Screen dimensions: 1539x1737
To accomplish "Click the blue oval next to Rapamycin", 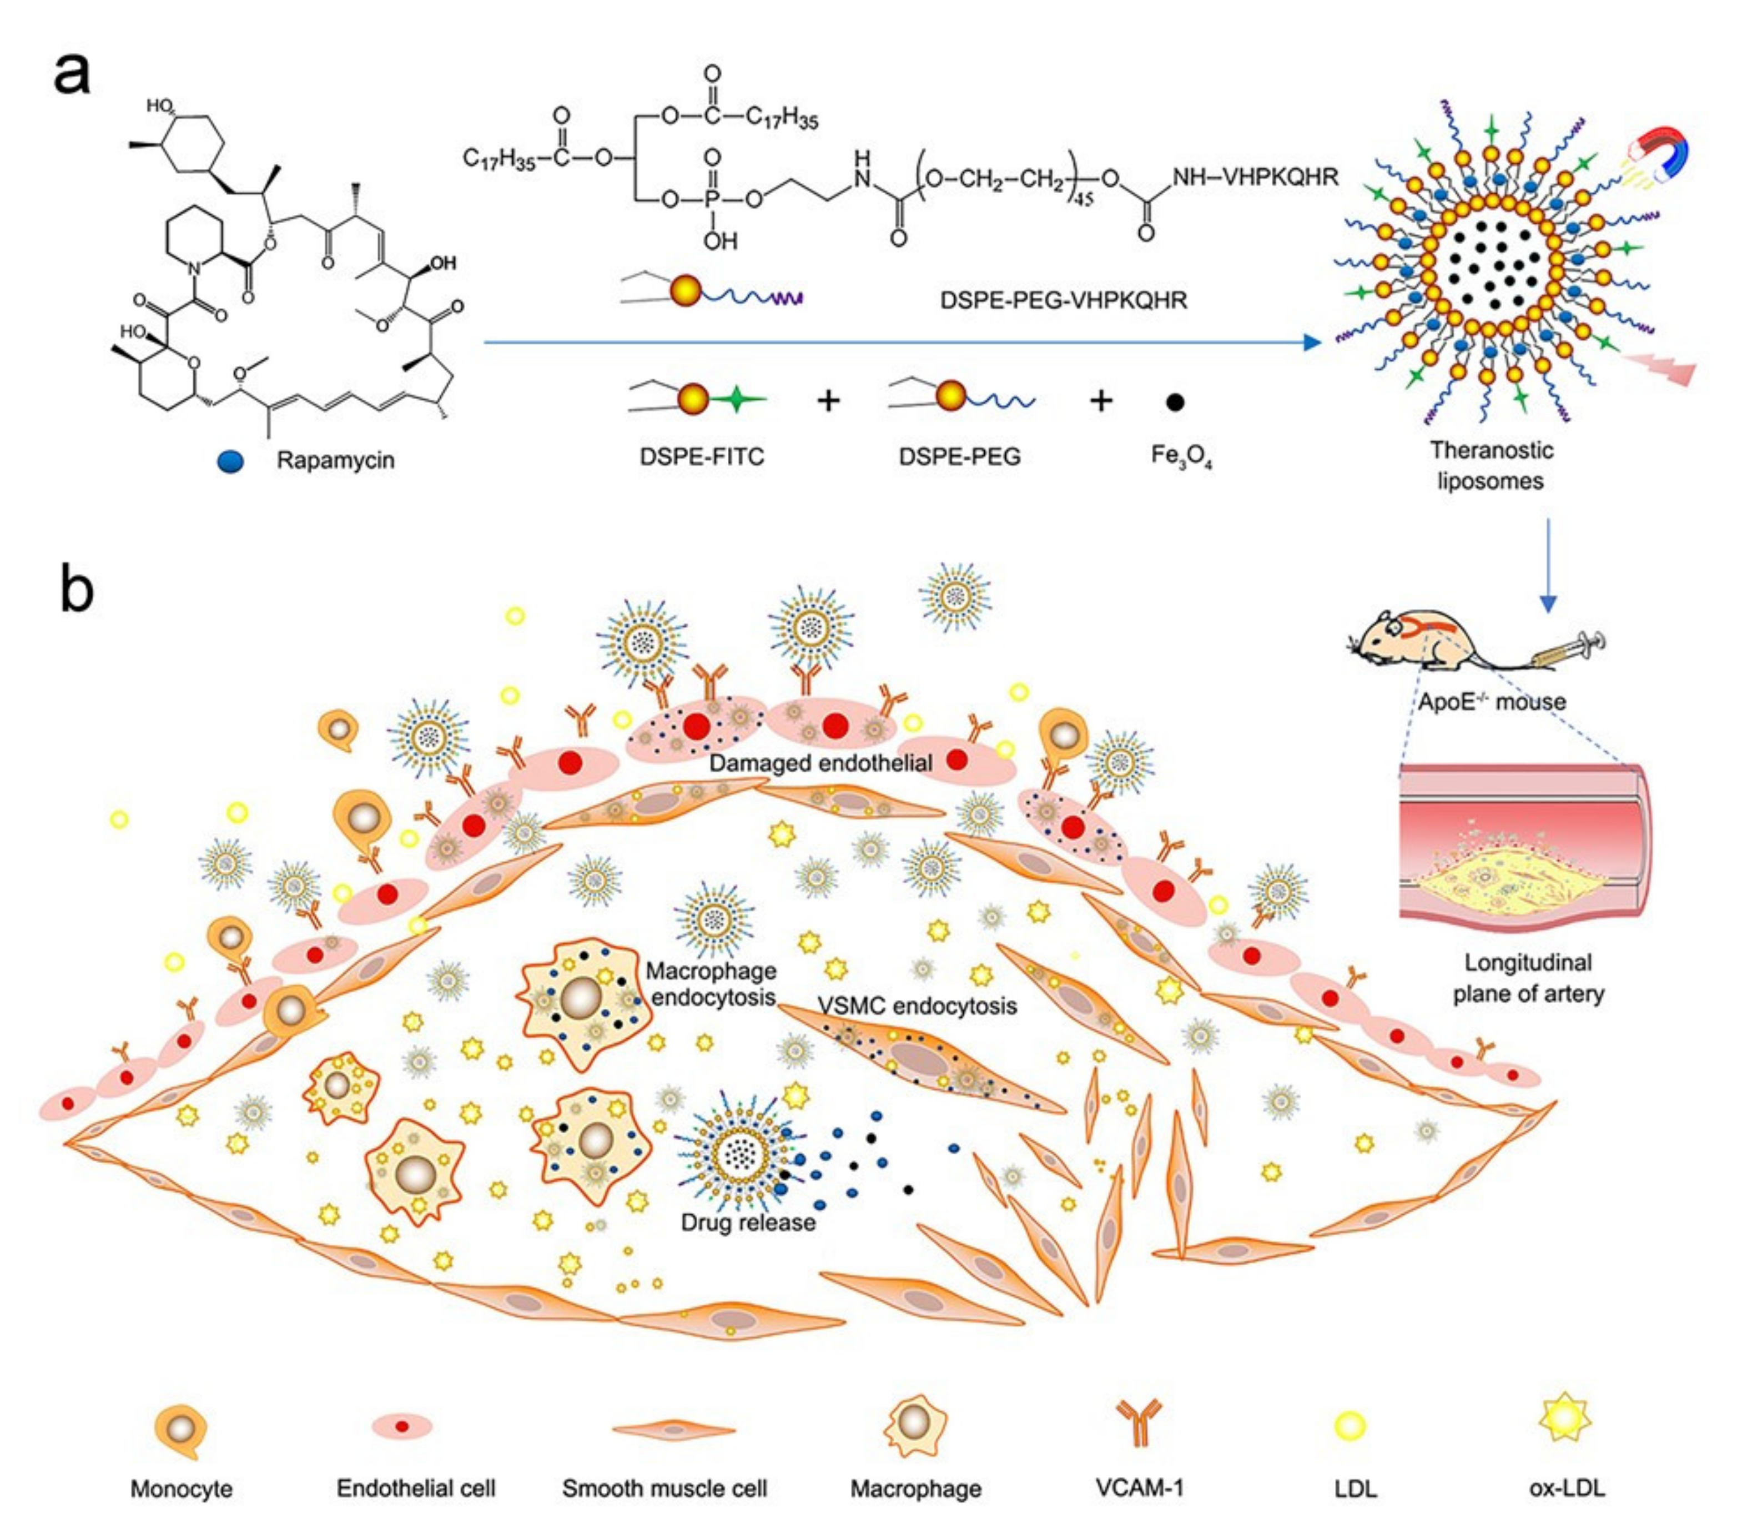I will (230, 461).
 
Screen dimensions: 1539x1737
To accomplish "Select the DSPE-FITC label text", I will (702, 456).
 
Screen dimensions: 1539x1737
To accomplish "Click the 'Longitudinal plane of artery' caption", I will (1528, 978).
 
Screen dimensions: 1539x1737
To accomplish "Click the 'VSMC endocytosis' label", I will (917, 1006).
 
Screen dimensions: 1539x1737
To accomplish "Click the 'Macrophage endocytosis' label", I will (712, 983).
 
